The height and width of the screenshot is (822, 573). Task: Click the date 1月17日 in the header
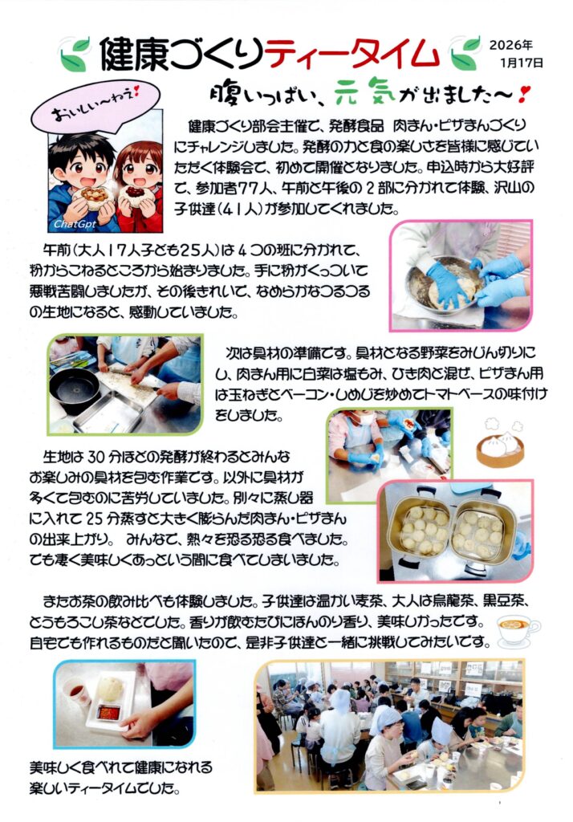(522, 63)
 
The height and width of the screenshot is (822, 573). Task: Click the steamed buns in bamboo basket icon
(500, 443)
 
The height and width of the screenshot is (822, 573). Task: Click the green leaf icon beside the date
(465, 52)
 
